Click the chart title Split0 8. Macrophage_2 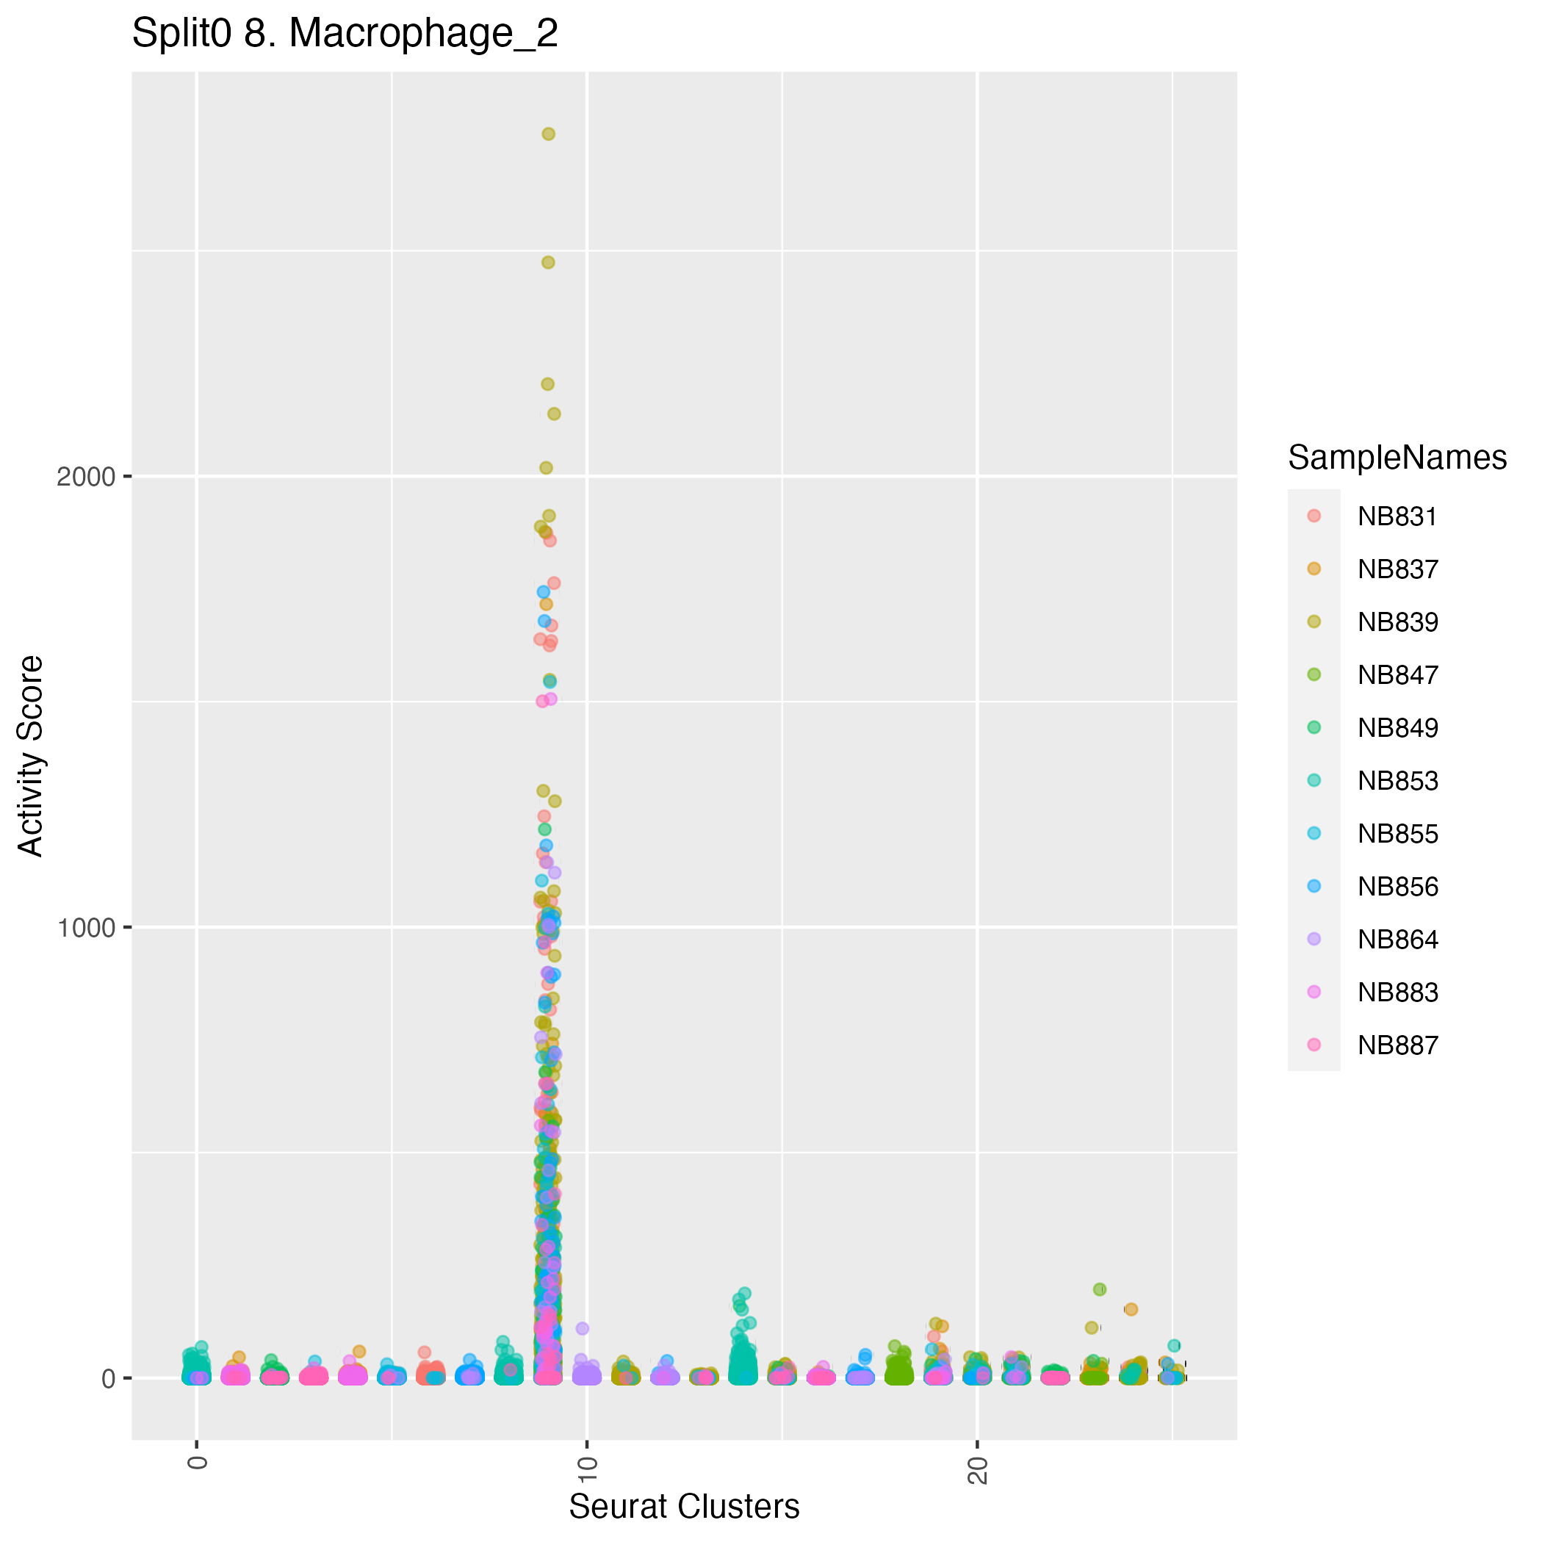point(344,35)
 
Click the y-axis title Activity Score point(31,755)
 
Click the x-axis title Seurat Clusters point(683,1506)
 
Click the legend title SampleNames point(1397,458)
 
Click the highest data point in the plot point(548,134)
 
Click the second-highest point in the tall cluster point(548,262)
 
